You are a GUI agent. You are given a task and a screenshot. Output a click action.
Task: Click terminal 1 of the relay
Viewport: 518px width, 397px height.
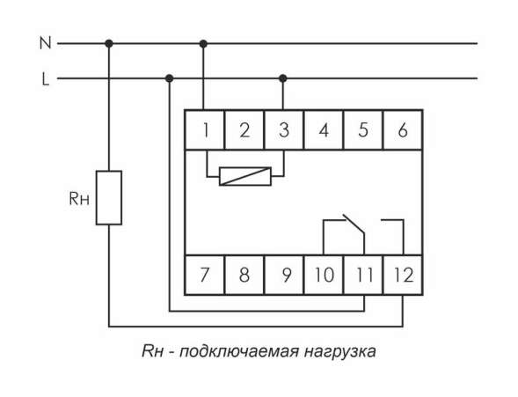pyautogui.click(x=205, y=130)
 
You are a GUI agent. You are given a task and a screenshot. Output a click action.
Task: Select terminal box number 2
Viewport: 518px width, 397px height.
pyautogui.click(x=244, y=130)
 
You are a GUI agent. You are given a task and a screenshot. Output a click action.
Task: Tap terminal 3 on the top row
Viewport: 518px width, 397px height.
pyautogui.click(x=283, y=130)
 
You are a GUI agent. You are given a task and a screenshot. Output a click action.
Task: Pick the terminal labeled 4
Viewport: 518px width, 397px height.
pyautogui.click(x=323, y=130)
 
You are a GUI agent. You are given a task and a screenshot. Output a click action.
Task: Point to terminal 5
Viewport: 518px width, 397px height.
pyautogui.click(x=362, y=130)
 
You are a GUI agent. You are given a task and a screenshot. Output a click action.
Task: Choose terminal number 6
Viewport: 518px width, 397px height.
pyautogui.click(x=402, y=130)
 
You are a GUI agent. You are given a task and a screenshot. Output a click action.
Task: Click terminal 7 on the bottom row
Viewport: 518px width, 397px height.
pyautogui.click(x=204, y=274)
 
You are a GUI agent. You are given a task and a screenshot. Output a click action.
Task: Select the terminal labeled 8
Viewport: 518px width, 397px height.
pyautogui.click(x=244, y=274)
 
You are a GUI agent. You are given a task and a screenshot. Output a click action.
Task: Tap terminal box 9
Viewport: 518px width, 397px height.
pyautogui.click(x=285, y=274)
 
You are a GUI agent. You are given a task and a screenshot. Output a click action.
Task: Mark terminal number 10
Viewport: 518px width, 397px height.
pyautogui.click(x=324, y=274)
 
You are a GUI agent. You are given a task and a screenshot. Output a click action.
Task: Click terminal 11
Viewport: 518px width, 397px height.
pyautogui.click(x=363, y=274)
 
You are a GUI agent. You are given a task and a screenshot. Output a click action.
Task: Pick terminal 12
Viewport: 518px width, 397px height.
pyautogui.click(x=403, y=274)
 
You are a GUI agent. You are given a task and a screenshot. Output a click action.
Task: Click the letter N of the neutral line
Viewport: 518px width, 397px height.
pyautogui.click(x=46, y=42)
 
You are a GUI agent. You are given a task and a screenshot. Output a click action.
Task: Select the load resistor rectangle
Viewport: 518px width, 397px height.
pyautogui.click(x=108, y=197)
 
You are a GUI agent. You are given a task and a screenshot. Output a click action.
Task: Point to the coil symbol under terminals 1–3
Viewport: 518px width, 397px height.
pyautogui.click(x=244, y=176)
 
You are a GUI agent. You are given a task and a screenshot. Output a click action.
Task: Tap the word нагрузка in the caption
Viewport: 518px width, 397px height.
pyautogui.click(x=341, y=352)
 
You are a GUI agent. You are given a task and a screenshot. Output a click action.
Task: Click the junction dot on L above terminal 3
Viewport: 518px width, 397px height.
pyautogui.click(x=283, y=78)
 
